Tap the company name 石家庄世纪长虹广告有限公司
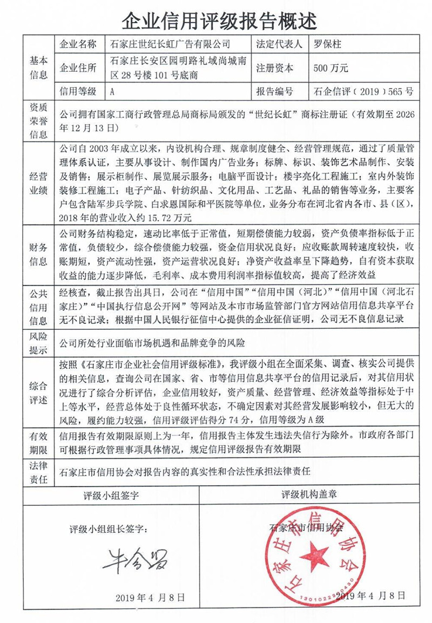point(170,44)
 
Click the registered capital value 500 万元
point(330,68)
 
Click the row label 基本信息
point(38,68)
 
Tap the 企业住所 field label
point(78,68)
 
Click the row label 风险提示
point(38,342)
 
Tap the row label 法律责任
point(38,471)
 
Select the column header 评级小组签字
point(111,495)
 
